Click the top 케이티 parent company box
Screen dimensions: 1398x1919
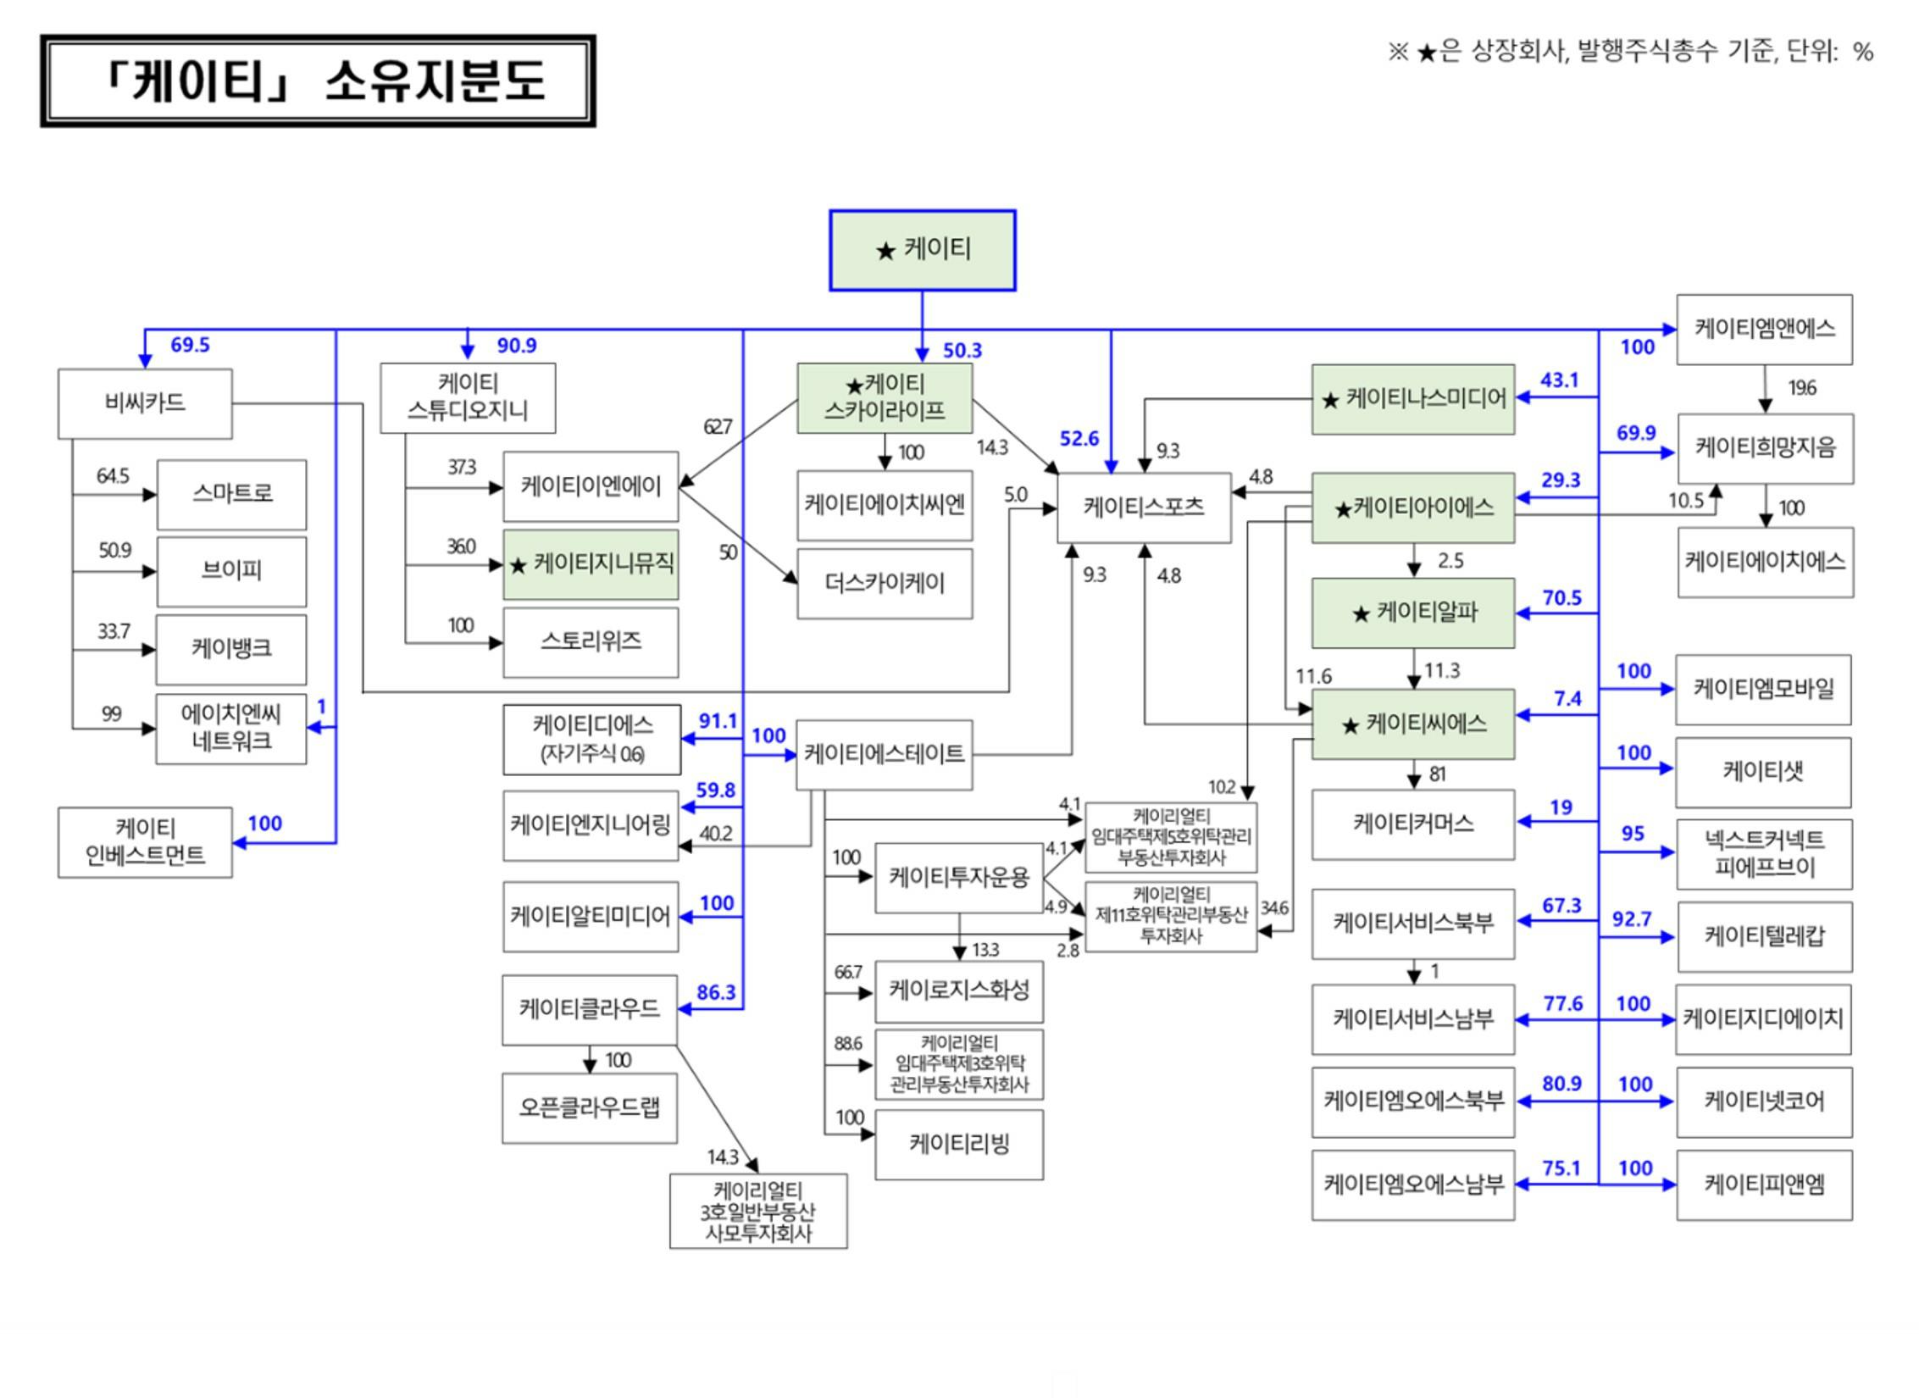click(922, 251)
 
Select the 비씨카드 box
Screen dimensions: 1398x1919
click(145, 403)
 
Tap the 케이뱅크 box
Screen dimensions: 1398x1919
click(231, 649)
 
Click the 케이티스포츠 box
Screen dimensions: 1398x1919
click(1144, 508)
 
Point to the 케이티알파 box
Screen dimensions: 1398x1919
click(1412, 613)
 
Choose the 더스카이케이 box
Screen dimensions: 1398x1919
click(885, 584)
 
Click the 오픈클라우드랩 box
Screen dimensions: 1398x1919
click(590, 1108)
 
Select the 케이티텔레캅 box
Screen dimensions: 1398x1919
click(1764, 936)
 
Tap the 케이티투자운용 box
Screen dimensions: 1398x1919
click(958, 878)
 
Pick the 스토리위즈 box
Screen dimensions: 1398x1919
click(591, 642)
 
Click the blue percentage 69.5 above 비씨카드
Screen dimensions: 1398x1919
click(190, 345)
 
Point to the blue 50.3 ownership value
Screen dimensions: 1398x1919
click(962, 351)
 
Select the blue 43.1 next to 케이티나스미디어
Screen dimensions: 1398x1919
click(1559, 380)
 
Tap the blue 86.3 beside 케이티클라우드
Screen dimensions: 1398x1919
click(716, 992)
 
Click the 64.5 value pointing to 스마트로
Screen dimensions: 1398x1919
click(113, 476)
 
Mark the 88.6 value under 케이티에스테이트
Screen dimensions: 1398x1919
click(847, 1043)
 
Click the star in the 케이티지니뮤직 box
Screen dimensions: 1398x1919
click(519, 565)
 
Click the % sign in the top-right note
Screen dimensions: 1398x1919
click(1862, 53)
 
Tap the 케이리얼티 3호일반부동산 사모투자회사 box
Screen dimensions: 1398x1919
click(758, 1212)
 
